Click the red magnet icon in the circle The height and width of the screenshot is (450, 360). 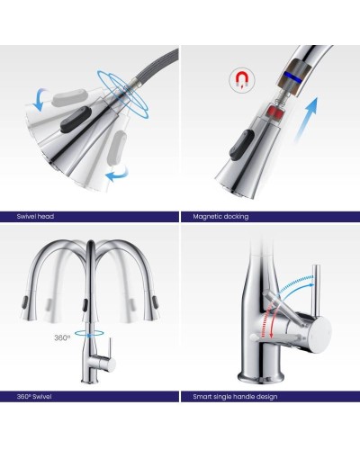point(241,80)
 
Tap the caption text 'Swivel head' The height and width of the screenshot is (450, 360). point(35,216)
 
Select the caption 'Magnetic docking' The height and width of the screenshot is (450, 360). point(220,216)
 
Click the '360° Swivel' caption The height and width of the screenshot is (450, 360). point(34,397)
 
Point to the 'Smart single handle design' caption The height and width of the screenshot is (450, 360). point(235,397)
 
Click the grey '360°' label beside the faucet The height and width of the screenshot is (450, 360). point(62,337)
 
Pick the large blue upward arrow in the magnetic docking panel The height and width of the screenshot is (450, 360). point(306,119)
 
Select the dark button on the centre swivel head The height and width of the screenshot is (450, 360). point(76,120)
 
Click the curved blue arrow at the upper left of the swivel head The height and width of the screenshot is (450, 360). point(40,99)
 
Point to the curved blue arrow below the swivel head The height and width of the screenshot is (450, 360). point(118,175)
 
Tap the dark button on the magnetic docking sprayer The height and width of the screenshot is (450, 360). point(241,143)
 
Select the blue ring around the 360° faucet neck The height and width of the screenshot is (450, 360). point(89,333)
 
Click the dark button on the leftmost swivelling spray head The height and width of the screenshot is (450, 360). point(24,302)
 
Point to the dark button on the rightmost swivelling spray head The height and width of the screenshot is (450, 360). point(156,302)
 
